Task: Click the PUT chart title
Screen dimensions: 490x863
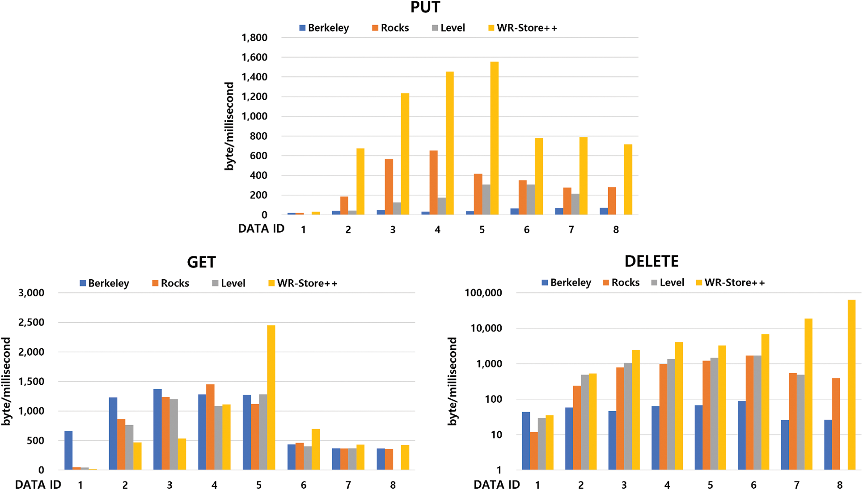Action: tap(425, 8)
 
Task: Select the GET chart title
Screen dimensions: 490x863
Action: tap(201, 262)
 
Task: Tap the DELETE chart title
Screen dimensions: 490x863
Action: tap(651, 261)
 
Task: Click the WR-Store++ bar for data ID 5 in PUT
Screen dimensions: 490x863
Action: tap(494, 139)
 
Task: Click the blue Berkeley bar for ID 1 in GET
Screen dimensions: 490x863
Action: tap(68, 450)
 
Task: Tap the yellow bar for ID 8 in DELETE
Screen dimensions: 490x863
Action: tap(851, 385)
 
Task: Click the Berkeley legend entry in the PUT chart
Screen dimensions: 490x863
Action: tap(325, 28)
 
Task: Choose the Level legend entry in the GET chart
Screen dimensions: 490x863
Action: tap(229, 283)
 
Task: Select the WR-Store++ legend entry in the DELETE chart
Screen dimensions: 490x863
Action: tap(731, 283)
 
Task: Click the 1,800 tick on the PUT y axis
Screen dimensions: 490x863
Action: tap(254, 38)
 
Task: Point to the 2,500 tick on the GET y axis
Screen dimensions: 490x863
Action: tap(31, 323)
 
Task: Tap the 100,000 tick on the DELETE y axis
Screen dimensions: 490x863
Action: tap(483, 293)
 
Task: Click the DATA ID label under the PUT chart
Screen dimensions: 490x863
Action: tap(261, 229)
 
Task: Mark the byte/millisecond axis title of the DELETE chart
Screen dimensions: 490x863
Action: tap(453, 381)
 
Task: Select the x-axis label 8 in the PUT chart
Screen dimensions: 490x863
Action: tap(616, 230)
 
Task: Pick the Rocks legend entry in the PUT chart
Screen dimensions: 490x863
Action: tap(391, 28)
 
